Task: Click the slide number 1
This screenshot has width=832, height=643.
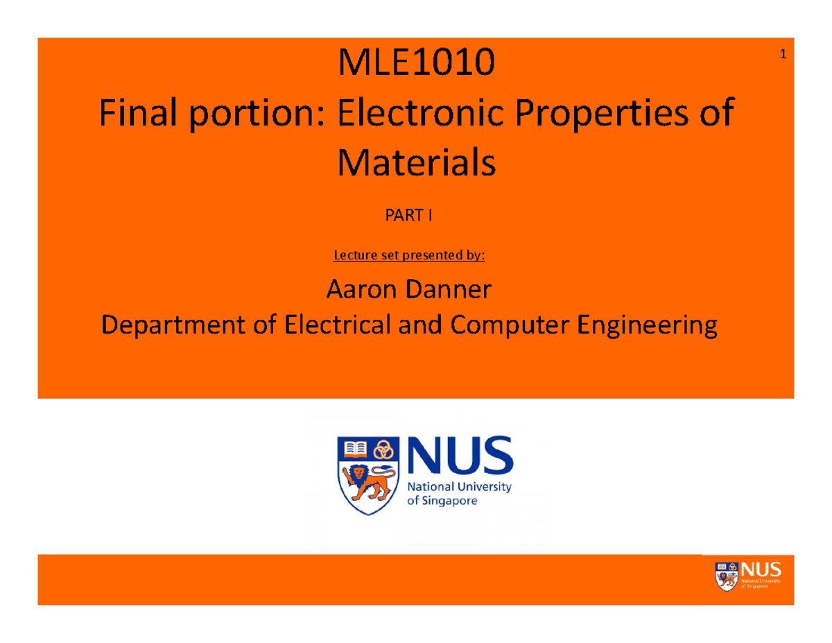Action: click(x=782, y=55)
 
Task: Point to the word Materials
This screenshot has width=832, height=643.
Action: click(x=416, y=163)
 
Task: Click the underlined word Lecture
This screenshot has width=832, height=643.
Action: click(x=354, y=255)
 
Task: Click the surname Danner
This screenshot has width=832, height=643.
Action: click(x=451, y=290)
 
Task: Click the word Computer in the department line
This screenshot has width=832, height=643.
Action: click(x=510, y=325)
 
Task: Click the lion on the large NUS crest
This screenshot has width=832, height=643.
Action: click(x=368, y=481)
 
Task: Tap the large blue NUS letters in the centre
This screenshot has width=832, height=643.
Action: click(x=459, y=454)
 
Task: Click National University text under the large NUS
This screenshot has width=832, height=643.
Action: click(x=459, y=487)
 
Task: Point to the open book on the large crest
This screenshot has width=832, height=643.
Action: click(x=355, y=449)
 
